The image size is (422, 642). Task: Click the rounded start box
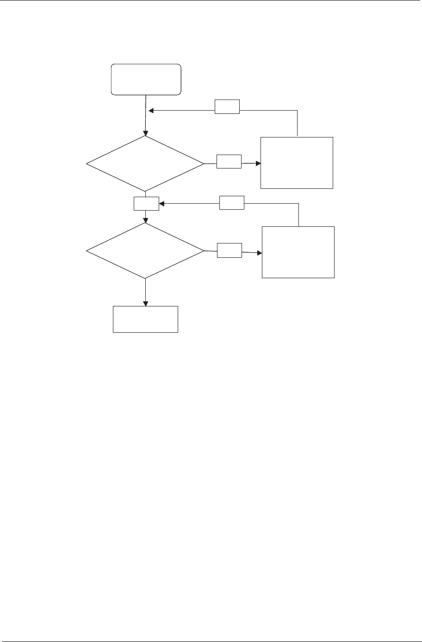coord(146,80)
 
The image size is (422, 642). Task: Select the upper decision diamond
coord(145,163)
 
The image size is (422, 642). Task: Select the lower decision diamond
coord(145,251)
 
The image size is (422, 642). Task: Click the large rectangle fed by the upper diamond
coord(297,162)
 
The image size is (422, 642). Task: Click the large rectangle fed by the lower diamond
coord(298,252)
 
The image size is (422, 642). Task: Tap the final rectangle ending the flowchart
coord(145,319)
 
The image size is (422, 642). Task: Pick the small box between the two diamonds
coord(146,204)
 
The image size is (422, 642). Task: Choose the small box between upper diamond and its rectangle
coord(229,161)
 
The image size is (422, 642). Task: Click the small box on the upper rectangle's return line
coord(228,107)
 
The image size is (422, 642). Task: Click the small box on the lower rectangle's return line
coord(232,203)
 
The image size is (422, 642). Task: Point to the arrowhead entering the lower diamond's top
coord(146,220)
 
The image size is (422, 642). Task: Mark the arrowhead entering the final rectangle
coord(146,304)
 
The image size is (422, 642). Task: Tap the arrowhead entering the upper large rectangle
coord(258,163)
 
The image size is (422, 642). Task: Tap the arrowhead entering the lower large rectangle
coord(259,253)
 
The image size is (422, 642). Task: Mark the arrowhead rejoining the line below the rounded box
coord(151,111)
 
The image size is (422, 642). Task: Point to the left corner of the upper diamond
coord(87,164)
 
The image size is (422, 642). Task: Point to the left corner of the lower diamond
coord(87,251)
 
